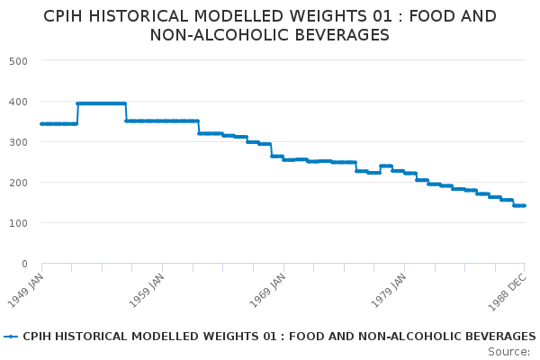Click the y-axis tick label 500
(x=18, y=60)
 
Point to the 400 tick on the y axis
(x=18, y=101)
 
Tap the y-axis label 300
(x=18, y=141)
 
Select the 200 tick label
(x=18, y=182)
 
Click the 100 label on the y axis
(x=18, y=222)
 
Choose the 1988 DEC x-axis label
(x=509, y=289)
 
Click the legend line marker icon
(x=11, y=337)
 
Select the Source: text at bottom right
(x=508, y=351)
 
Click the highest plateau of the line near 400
(x=101, y=103)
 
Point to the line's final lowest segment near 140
(x=519, y=206)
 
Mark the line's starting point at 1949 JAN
(x=41, y=123)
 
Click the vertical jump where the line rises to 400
(x=77, y=113)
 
